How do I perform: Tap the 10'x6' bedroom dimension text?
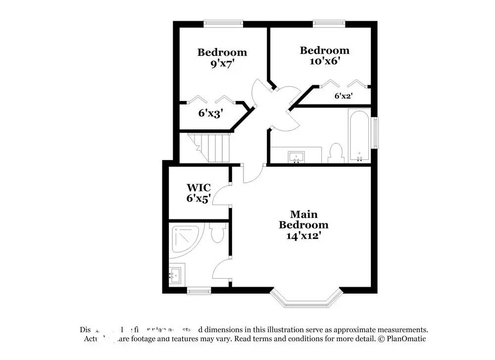coord(325,61)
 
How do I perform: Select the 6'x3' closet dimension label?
coord(211,113)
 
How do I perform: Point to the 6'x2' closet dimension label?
coord(343,96)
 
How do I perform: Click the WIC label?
coord(198,188)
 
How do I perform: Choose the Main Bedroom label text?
coord(303,219)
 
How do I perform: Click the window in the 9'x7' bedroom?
coord(224,23)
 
